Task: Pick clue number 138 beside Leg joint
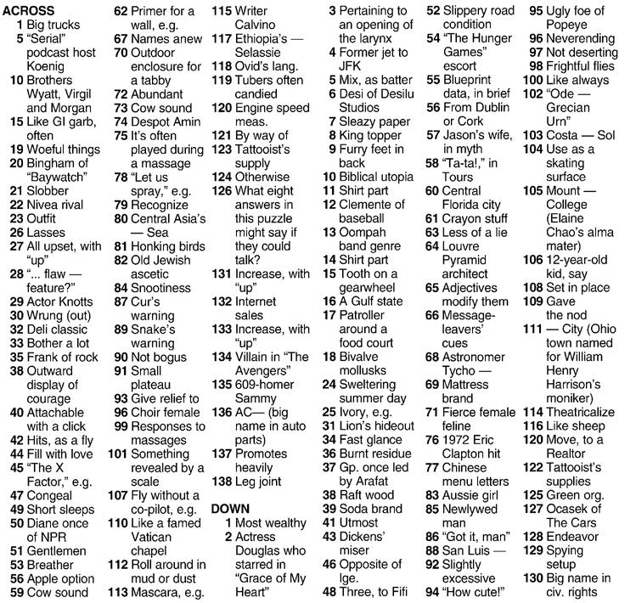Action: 222,480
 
